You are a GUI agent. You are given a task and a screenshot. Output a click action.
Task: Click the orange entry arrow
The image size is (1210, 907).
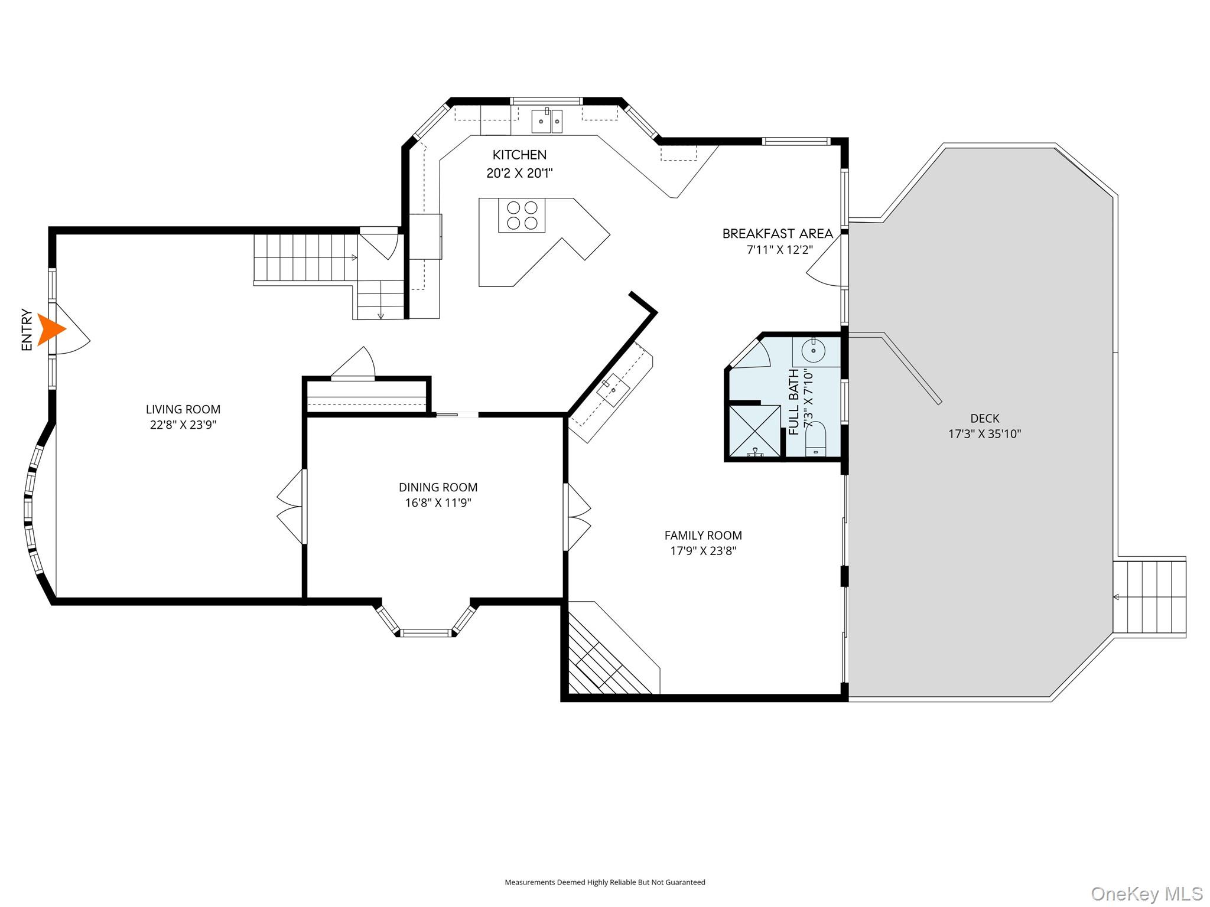click(50, 329)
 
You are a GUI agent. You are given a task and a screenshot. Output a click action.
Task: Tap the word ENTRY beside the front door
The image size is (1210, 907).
click(27, 329)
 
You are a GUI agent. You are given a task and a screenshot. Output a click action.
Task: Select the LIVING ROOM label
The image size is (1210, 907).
click(183, 409)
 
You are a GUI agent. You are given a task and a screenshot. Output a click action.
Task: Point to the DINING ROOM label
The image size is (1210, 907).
click(438, 487)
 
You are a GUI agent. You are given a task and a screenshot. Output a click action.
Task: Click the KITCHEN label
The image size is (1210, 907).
click(519, 155)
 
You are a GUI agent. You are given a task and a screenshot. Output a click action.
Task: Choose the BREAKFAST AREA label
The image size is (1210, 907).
click(778, 233)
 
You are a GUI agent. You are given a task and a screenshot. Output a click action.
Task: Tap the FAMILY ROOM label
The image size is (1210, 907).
click(703, 535)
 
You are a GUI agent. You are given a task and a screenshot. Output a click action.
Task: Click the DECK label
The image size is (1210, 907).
click(985, 418)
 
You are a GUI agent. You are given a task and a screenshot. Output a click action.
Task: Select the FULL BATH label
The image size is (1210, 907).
click(794, 402)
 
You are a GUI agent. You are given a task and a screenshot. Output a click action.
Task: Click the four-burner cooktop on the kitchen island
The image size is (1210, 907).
click(522, 216)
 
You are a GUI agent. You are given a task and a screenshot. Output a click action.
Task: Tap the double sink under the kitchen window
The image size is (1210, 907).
click(547, 121)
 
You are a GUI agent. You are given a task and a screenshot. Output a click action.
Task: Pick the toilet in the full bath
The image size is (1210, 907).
click(815, 439)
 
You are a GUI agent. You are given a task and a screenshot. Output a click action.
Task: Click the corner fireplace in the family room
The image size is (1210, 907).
click(611, 650)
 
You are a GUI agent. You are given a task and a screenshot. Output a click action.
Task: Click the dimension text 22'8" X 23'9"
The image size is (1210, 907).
click(183, 425)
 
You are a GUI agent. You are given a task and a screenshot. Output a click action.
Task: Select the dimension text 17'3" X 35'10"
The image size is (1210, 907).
click(985, 434)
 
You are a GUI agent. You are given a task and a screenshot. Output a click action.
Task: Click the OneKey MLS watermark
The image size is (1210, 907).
click(1147, 893)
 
